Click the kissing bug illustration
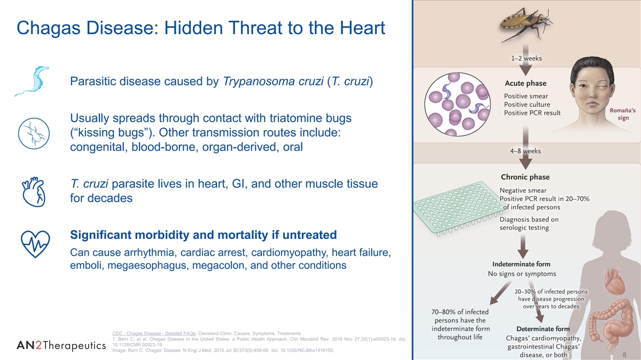coord(526,24)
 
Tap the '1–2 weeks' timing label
coord(526,58)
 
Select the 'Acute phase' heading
coord(526,83)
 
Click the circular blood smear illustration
coord(457,104)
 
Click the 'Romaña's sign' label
coord(623,114)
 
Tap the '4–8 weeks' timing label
coord(526,151)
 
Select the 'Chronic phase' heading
coord(525,177)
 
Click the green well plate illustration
coord(458,208)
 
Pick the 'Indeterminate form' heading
coord(521,264)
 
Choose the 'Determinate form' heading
coord(543,329)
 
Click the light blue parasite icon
coord(33,81)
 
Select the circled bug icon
coord(34,133)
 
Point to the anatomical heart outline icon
coord(34,191)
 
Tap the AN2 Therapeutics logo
coord(61,346)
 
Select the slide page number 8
coord(624,355)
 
